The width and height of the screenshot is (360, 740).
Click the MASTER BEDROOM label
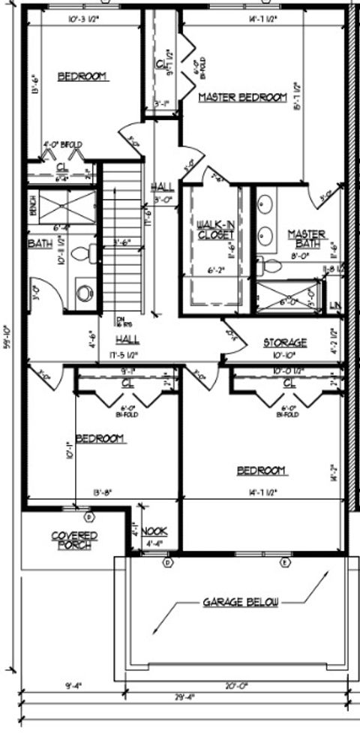[242, 98]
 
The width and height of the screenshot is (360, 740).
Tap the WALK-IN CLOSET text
[216, 230]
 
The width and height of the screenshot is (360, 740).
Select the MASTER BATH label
[307, 239]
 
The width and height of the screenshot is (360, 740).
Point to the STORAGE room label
[284, 342]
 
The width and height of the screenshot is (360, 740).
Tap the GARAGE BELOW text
[240, 602]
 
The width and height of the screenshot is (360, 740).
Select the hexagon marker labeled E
[285, 562]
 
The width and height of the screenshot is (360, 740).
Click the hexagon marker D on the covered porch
[88, 517]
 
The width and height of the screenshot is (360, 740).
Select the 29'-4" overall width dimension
[183, 697]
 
